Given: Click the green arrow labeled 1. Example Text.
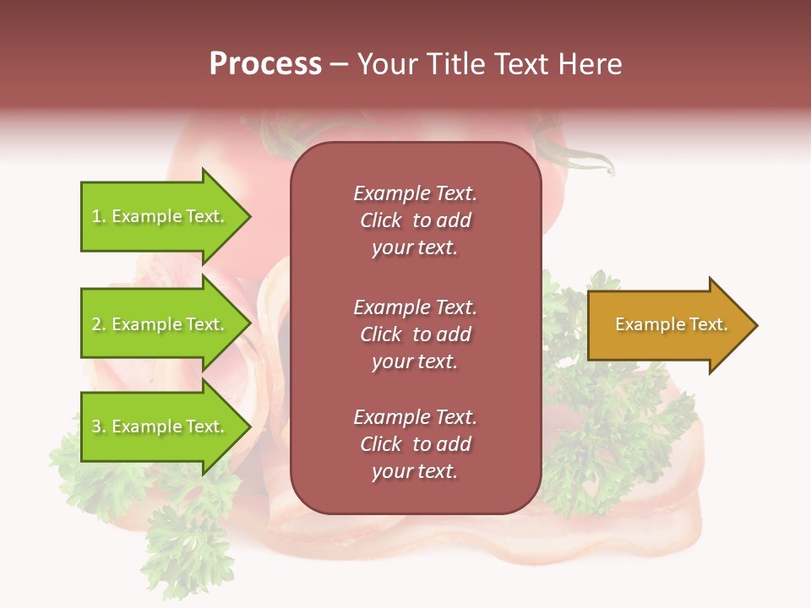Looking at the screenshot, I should click(x=161, y=216).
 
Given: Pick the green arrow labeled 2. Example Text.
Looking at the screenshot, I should click(x=161, y=324).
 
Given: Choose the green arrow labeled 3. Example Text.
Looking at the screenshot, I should click(x=161, y=426).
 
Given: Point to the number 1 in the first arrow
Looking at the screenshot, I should click(x=96, y=217).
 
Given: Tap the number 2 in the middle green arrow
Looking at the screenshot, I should click(x=96, y=325).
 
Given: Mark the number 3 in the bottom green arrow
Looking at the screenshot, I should click(x=96, y=427).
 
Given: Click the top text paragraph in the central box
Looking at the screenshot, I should click(x=415, y=220).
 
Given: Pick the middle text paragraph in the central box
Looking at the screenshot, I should click(x=415, y=334).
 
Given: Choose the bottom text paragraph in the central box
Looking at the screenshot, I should click(x=415, y=444).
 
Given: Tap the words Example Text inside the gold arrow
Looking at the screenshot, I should click(x=671, y=324).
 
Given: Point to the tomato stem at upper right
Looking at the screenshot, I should click(x=583, y=156).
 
